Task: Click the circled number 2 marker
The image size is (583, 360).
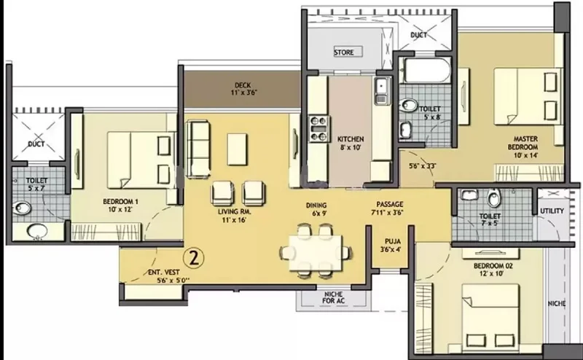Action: coord(194,257)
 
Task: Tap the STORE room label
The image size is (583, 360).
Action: coord(343,52)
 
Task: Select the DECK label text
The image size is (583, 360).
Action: coord(243,85)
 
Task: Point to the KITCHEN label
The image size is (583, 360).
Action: coord(351,139)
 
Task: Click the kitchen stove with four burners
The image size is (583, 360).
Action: coord(319,129)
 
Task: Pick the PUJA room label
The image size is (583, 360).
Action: coord(393,241)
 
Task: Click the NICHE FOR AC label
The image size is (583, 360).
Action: coord(334,297)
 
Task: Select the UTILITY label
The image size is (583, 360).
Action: coord(552,211)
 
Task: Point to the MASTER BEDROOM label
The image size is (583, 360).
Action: coord(523,143)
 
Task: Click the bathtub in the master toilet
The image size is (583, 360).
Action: coord(427,70)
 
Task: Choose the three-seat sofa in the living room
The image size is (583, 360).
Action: coord(197,148)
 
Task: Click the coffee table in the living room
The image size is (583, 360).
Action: coord(238,149)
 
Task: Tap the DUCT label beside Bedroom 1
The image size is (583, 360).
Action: coord(36,144)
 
